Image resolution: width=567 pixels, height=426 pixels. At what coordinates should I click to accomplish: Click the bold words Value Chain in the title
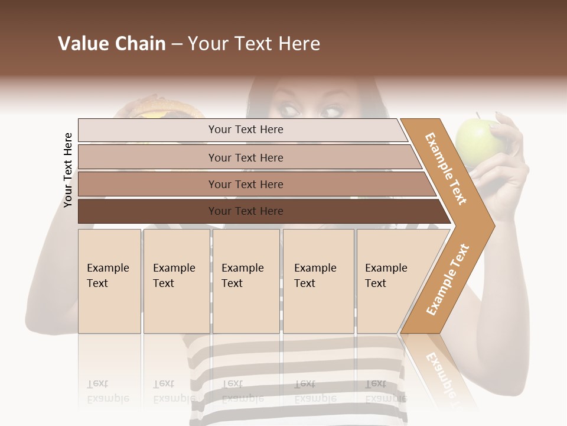point(112,44)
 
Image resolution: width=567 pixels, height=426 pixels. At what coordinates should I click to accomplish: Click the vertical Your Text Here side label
point(68,170)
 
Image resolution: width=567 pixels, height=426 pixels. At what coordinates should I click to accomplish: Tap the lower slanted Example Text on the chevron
point(448,279)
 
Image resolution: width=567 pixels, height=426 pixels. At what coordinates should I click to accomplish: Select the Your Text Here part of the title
point(254,44)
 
